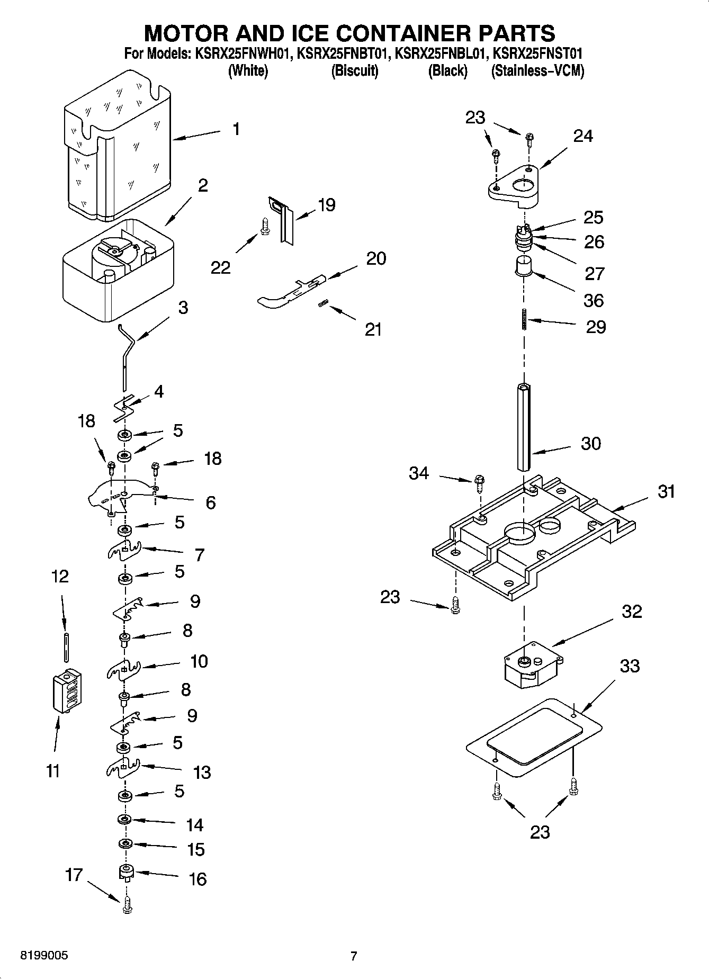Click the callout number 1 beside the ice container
[236, 129]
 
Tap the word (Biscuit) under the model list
[355, 70]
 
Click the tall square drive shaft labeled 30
[524, 429]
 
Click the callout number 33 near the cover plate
[630, 666]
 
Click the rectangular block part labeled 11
[67, 692]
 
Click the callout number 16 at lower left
[198, 879]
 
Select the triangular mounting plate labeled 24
[513, 186]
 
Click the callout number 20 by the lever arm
[376, 258]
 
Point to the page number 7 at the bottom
[354, 956]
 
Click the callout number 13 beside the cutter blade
[202, 773]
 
